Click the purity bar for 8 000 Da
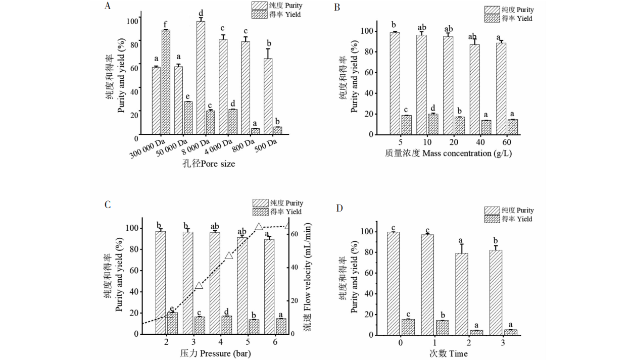click(201, 78)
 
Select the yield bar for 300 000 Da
click(166, 83)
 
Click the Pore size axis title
click(209, 164)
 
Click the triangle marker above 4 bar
click(229, 255)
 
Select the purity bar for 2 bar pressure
click(161, 282)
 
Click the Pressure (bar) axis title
click(215, 353)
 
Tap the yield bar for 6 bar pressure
click(281, 326)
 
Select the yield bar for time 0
click(408, 327)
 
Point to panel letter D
click(339, 208)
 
